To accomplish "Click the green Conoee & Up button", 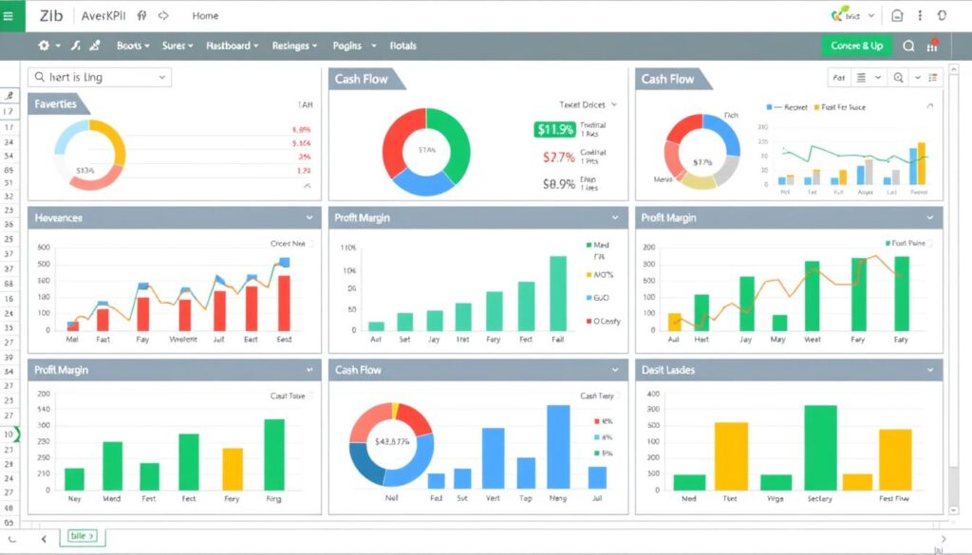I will [856, 46].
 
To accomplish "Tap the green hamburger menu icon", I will [9, 15].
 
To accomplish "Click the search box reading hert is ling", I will [99, 77].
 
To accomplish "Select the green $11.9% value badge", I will [554, 130].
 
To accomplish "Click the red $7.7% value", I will [559, 157].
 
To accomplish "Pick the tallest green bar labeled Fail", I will [557, 293].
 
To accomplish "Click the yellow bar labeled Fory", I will [233, 469].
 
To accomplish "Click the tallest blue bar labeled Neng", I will [558, 446].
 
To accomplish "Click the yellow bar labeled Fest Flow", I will [894, 459].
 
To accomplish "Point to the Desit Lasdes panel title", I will [668, 370].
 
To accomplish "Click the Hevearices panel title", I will [59, 218].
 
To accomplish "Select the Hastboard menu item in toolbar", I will [232, 46].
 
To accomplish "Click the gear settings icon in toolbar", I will [44, 46].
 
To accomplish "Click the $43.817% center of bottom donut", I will [391, 441].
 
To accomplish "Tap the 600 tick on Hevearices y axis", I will [43, 247].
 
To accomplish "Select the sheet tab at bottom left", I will [83, 537].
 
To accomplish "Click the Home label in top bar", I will [205, 15].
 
